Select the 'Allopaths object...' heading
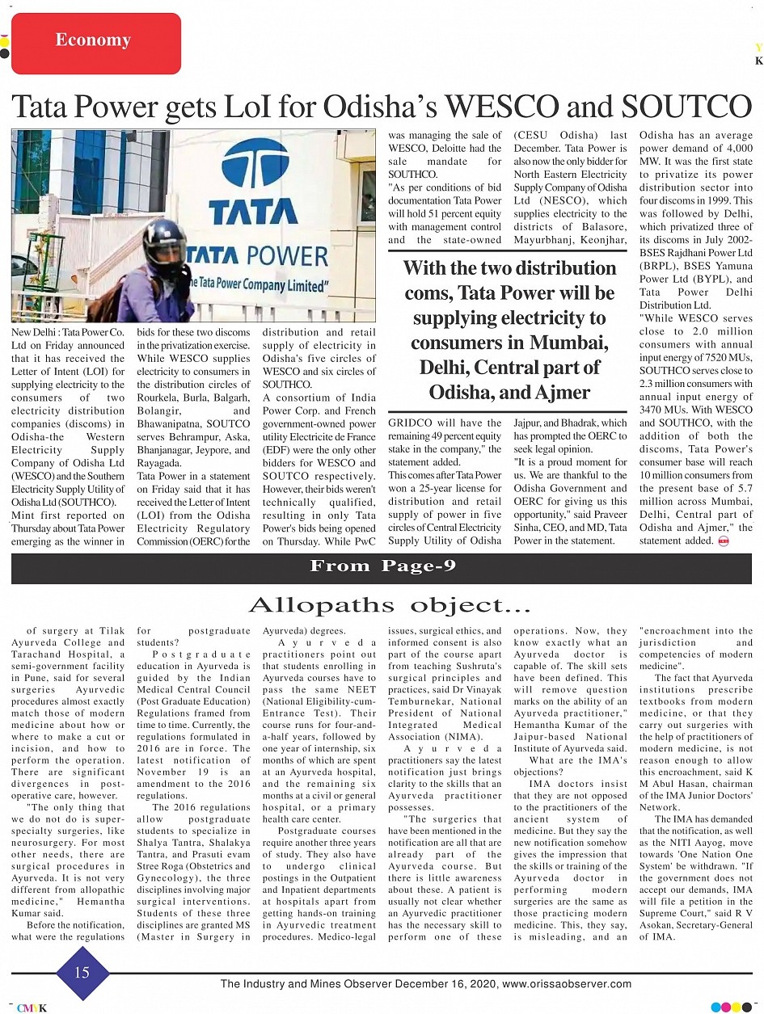389,605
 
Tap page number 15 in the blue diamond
82,973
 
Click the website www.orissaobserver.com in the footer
567,983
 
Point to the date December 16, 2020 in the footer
450,983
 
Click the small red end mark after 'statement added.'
723,541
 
